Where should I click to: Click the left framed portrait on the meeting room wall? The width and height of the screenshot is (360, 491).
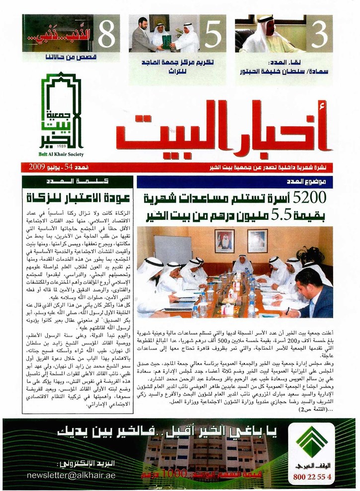225,241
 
